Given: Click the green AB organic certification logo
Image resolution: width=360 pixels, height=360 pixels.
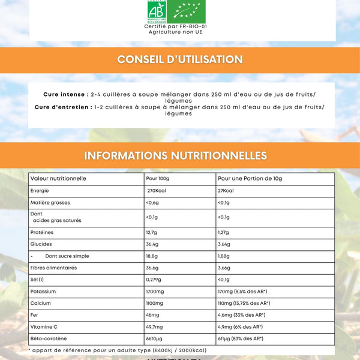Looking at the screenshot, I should pyautogui.click(x=157, y=12).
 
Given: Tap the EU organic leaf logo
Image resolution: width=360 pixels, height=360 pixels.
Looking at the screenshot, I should pyautogui.click(x=189, y=12).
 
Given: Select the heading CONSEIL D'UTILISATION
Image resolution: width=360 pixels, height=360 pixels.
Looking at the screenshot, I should pyautogui.click(x=180, y=59).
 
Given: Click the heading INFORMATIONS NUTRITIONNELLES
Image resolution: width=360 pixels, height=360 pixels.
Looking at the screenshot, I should pyautogui.click(x=176, y=155).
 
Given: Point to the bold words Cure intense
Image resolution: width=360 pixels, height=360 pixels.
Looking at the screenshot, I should pyautogui.click(x=65, y=95).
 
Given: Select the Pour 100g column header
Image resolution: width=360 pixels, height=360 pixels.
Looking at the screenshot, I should pyautogui.click(x=158, y=179).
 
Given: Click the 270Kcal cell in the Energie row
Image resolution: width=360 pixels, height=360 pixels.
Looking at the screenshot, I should pyautogui.click(x=157, y=191).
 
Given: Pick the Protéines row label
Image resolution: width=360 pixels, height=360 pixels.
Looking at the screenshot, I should pyautogui.click(x=42, y=232).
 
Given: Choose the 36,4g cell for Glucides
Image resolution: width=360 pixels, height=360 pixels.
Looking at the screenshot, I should pyautogui.click(x=152, y=244).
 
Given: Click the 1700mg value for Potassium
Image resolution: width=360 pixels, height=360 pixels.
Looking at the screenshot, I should pyautogui.click(x=155, y=292).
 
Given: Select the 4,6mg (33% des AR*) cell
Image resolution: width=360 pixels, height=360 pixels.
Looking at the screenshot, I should pyautogui.click(x=241, y=315).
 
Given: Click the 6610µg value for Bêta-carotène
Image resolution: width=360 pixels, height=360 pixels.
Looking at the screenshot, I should pyautogui.click(x=155, y=339).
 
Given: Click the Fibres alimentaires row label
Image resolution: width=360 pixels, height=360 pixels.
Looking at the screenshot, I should pyautogui.click(x=53, y=268).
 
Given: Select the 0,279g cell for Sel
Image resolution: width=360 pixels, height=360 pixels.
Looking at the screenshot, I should pyautogui.click(x=155, y=280).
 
